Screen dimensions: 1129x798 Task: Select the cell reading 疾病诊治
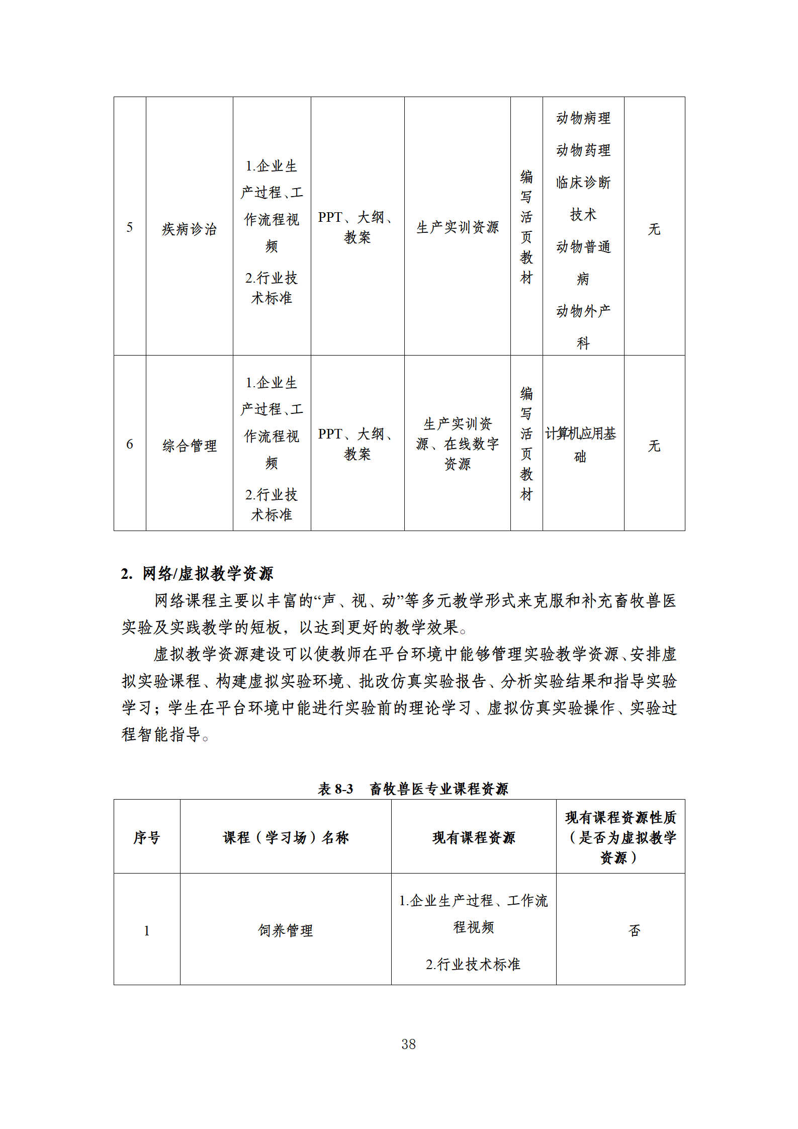click(x=189, y=229)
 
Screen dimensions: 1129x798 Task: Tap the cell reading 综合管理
click(x=189, y=445)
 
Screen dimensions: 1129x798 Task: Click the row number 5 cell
click(x=130, y=227)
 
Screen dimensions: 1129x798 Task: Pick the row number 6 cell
click(x=130, y=444)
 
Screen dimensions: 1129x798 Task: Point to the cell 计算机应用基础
click(x=581, y=445)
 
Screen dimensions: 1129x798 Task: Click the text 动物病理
click(x=583, y=118)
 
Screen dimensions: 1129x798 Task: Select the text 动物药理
click(x=583, y=150)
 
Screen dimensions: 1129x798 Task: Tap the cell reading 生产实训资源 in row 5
click(x=457, y=227)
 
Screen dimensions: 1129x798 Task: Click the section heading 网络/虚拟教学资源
click(x=207, y=573)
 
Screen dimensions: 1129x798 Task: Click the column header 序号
click(x=146, y=837)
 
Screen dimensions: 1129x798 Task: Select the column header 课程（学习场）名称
click(x=285, y=837)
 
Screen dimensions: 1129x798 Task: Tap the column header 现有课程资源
click(x=473, y=837)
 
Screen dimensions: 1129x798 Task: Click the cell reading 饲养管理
click(x=285, y=930)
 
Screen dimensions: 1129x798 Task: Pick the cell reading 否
click(x=634, y=930)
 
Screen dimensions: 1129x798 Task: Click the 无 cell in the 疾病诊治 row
click(x=654, y=229)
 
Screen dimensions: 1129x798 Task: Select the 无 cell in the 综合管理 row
click(x=654, y=446)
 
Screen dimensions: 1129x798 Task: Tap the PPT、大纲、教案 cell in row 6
click(x=357, y=444)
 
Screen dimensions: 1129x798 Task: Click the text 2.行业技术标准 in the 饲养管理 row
click(x=473, y=964)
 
